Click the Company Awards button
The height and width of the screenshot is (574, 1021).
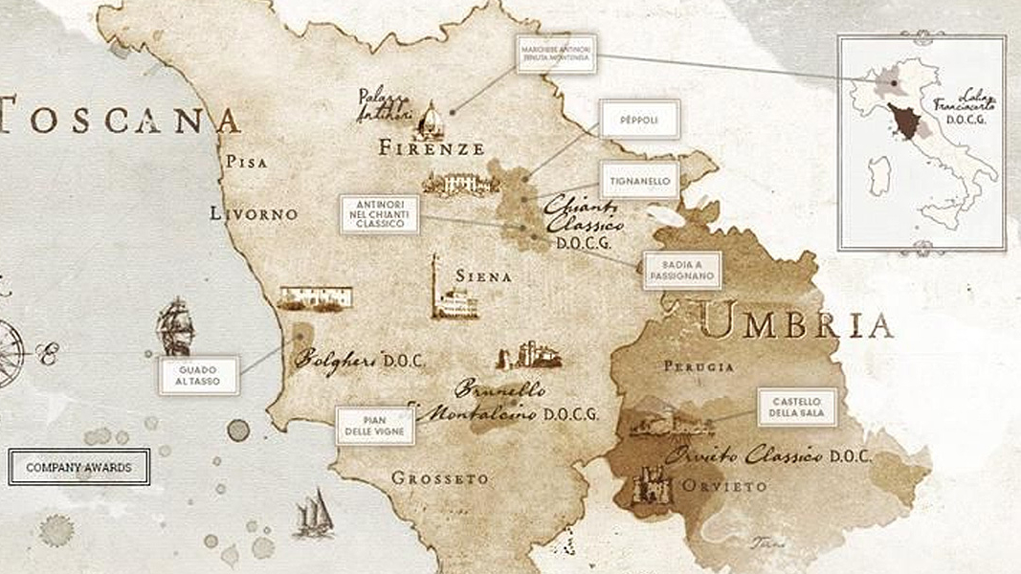tap(78, 468)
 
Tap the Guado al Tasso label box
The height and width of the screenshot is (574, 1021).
tap(198, 374)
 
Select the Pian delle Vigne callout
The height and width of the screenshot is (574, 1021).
tap(375, 427)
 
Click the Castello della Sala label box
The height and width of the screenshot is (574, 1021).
tap(797, 408)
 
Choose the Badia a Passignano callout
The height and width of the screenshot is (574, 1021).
tap(681, 270)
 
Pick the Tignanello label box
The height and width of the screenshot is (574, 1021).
tap(639, 180)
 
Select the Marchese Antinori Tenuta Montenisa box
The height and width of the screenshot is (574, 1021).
tap(555, 55)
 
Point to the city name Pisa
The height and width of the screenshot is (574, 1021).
tap(246, 163)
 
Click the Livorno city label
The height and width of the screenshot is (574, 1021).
tap(254, 214)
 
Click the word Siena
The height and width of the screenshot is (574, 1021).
tap(483, 276)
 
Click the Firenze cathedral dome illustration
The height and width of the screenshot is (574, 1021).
tap(432, 119)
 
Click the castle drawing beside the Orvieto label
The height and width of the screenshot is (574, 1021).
tap(651, 487)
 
